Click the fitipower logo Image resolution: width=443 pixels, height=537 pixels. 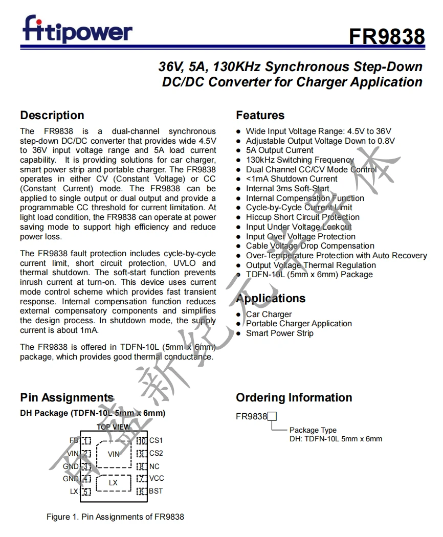(77, 29)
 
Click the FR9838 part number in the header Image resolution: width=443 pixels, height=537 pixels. (387, 36)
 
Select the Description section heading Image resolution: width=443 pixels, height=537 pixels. (52, 115)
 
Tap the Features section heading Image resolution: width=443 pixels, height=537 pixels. (260, 115)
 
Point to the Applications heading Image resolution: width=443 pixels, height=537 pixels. (271, 298)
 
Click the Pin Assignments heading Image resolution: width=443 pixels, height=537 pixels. (67, 397)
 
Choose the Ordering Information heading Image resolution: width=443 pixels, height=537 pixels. (294, 397)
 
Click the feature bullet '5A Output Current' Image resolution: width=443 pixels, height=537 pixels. (279, 150)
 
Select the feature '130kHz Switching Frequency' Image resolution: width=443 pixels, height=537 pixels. (300, 160)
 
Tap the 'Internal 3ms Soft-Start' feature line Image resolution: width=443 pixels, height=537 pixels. (287, 188)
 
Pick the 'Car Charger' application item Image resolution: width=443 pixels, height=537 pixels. (269, 314)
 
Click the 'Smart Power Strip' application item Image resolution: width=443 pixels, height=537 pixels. (279, 333)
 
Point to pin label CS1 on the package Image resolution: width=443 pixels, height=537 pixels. (156, 440)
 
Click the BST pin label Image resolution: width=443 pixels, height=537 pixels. (156, 491)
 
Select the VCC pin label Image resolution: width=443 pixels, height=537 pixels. (156, 478)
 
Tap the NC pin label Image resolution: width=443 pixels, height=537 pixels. (154, 466)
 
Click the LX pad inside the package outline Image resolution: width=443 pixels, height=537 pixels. (113, 482)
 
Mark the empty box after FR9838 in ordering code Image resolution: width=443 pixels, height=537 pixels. (272, 416)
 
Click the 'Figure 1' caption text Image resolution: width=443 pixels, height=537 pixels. (115, 517)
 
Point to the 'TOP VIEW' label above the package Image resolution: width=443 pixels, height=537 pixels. (113, 427)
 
